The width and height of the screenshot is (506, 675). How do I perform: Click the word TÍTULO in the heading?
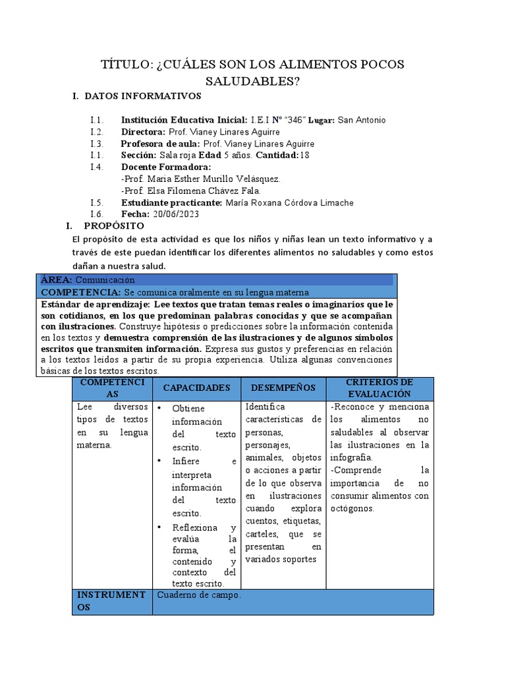tap(126, 65)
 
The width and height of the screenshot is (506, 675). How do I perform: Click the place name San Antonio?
tap(362, 120)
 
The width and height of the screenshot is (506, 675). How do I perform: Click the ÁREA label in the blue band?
tap(57, 279)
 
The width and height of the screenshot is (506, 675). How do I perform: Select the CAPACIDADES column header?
tap(196, 388)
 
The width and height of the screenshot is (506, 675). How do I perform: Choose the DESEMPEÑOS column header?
tap(283, 388)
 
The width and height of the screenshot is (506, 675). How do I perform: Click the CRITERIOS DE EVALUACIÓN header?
tap(379, 388)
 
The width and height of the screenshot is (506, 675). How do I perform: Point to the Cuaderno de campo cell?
tap(200, 595)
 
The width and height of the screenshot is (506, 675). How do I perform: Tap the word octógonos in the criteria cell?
tap(352, 508)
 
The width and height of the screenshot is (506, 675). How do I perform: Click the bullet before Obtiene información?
tap(160, 409)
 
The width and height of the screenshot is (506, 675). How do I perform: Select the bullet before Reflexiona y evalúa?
tap(160, 527)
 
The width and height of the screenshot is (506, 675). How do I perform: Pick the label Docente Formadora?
tap(161, 167)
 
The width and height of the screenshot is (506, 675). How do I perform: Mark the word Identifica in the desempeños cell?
tap(265, 407)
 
